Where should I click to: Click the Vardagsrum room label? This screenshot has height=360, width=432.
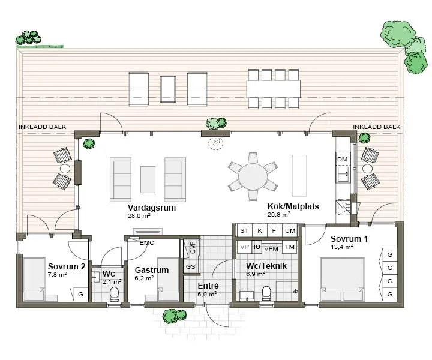coord(152,208)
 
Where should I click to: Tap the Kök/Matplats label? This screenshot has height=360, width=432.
coord(293,206)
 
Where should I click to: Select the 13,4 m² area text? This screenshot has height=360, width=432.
coord(342,247)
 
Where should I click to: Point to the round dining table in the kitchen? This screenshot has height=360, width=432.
coord(253,176)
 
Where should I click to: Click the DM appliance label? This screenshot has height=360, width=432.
coord(343,159)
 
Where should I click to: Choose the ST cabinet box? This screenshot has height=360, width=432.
coord(244,230)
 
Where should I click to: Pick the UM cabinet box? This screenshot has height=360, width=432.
coord(290,230)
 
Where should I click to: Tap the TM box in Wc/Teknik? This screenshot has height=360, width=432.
coord(290,247)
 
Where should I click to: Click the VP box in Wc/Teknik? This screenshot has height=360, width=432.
coord(244,247)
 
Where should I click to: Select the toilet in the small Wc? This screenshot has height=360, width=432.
coord(114,293)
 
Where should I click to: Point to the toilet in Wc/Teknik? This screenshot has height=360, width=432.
coord(266,293)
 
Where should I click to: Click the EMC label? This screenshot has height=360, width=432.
coord(147,243)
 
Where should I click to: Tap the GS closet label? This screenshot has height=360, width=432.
coord(191,266)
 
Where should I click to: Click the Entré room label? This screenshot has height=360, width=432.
coord(208,286)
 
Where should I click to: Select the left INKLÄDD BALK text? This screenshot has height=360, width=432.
coord(43,127)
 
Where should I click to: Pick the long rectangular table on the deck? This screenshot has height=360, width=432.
coord(274,89)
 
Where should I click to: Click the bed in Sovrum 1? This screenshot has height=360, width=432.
coord(342,279)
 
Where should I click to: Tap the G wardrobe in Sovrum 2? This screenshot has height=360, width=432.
coord(80,294)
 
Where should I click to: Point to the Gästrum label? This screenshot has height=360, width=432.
coord(152,270)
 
